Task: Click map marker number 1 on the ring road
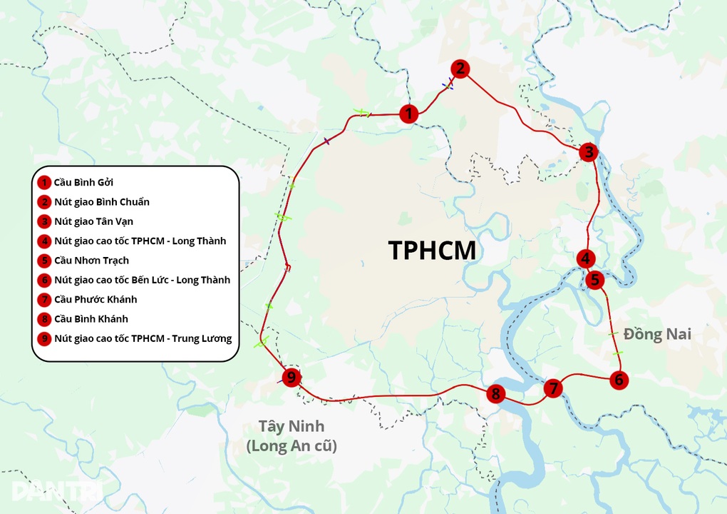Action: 408,114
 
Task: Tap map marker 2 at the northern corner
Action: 460,69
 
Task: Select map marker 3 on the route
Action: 588,151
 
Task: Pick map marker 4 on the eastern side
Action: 586,258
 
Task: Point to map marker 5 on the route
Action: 595,279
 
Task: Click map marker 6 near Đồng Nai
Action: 619,380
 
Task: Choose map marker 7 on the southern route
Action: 552,388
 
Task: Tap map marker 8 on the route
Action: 496,393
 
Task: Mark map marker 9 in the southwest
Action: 290,378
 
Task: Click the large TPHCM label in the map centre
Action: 431,251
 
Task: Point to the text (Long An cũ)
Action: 291,446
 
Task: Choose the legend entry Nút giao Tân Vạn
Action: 93,221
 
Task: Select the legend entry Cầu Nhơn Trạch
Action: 91,261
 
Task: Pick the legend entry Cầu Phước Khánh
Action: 96,299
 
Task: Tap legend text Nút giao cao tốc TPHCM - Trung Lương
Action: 143,338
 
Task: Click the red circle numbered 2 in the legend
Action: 45,202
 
